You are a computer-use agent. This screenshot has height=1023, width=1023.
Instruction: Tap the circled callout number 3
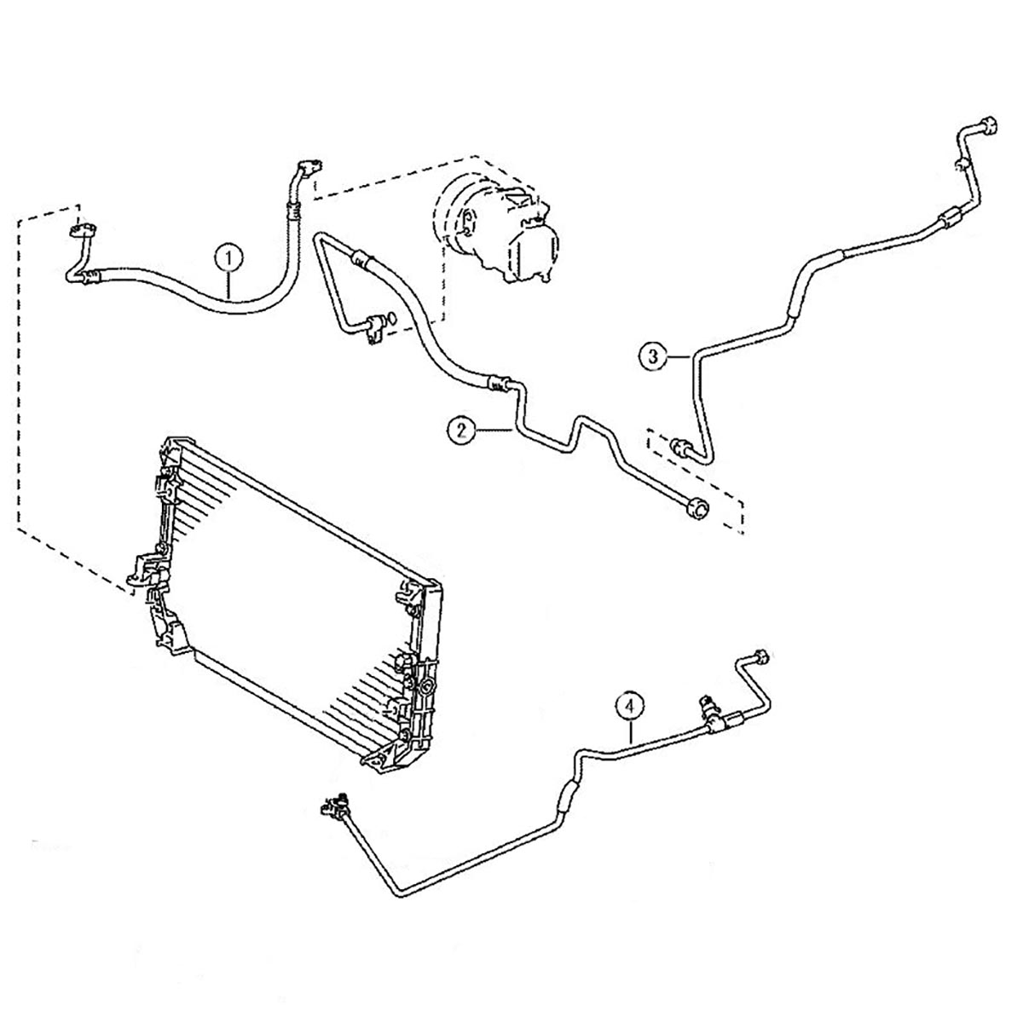tap(652, 355)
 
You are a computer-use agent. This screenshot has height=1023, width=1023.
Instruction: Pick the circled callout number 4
tap(629, 707)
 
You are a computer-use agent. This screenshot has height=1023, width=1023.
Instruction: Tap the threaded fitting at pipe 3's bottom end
tap(679, 444)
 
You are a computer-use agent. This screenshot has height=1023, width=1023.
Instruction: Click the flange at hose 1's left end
tap(84, 230)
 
